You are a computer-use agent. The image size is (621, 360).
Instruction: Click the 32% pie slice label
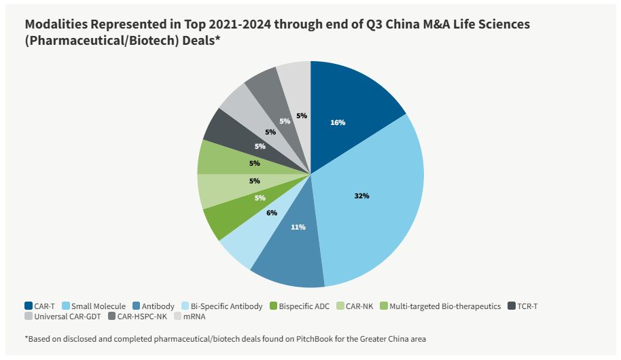(x=361, y=196)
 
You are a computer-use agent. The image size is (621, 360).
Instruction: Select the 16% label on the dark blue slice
(x=338, y=122)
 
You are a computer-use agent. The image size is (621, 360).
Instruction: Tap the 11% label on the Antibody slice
(x=298, y=227)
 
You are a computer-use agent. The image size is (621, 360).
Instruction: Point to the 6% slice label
(x=272, y=212)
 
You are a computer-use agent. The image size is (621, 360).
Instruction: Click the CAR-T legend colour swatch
(x=29, y=306)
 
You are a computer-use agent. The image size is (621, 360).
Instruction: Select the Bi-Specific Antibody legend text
(x=226, y=306)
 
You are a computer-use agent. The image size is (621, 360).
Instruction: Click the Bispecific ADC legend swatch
(x=274, y=306)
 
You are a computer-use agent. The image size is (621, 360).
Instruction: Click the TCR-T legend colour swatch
(x=510, y=306)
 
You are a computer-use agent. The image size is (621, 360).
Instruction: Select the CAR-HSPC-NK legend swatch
(x=111, y=317)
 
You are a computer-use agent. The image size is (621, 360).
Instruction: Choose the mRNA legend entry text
(x=195, y=317)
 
